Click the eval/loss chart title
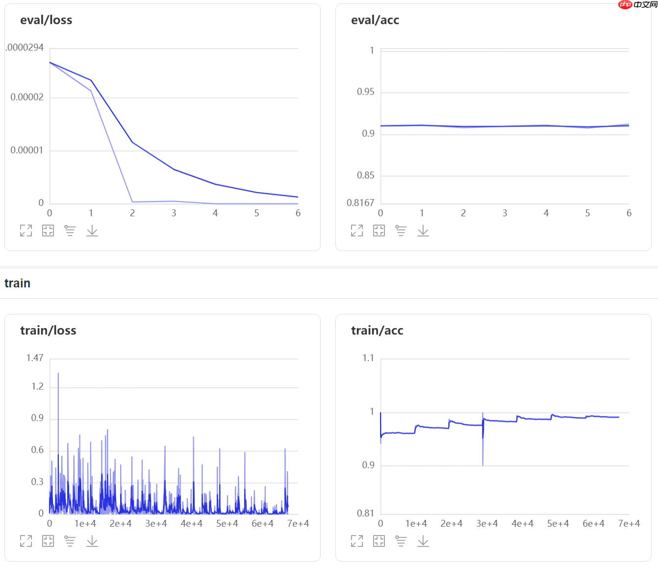pyautogui.click(x=46, y=20)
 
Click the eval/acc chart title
pyautogui.click(x=375, y=20)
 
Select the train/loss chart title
pyautogui.click(x=48, y=331)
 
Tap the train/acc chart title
pyautogui.click(x=377, y=331)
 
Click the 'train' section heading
pyautogui.click(x=17, y=283)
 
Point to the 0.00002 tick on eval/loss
pyautogui.click(x=27, y=97)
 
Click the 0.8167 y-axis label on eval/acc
pyautogui.click(x=360, y=203)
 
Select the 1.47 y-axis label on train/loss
pyautogui.click(x=35, y=358)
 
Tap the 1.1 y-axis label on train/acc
pyautogui.click(x=368, y=358)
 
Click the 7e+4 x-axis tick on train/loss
pyautogui.click(x=298, y=524)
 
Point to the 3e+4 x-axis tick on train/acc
pyautogui.click(x=487, y=524)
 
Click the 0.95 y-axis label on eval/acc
pyautogui.click(x=365, y=92)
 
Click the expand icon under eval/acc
pyautogui.click(x=357, y=231)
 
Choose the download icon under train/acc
pyautogui.click(x=423, y=541)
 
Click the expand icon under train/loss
pyautogui.click(x=26, y=541)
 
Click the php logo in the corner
pyautogui.click(x=626, y=5)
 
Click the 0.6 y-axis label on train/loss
pyautogui.click(x=37, y=450)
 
